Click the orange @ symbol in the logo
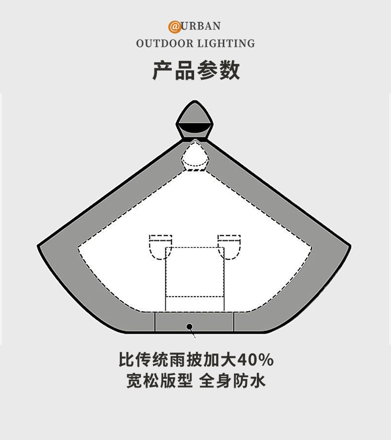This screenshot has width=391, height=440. tap(175, 26)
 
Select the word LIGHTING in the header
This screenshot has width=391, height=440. tap(226, 44)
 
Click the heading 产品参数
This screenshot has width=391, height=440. tap(196, 70)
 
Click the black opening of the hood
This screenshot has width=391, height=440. tap(195, 129)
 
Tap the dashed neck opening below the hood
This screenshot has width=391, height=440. tap(195, 156)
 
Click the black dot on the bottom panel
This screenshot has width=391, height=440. tap(189, 326)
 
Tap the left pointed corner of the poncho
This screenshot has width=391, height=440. tap(40, 245)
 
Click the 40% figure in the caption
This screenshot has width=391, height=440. tap(255, 359)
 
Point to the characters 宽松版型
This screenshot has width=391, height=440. tap(159, 381)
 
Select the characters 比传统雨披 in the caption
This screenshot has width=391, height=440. tap(157, 359)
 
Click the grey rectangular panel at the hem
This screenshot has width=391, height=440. tap(194, 322)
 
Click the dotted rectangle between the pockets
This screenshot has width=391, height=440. tap(195, 277)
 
